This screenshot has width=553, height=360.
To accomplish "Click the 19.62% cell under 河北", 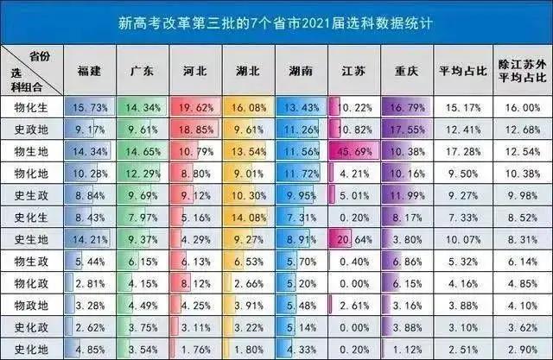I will click(x=195, y=107).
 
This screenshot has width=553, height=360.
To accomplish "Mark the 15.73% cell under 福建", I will click(x=91, y=107).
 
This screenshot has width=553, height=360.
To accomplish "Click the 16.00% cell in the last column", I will click(x=521, y=107).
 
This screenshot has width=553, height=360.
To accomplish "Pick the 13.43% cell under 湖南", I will click(x=301, y=107).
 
